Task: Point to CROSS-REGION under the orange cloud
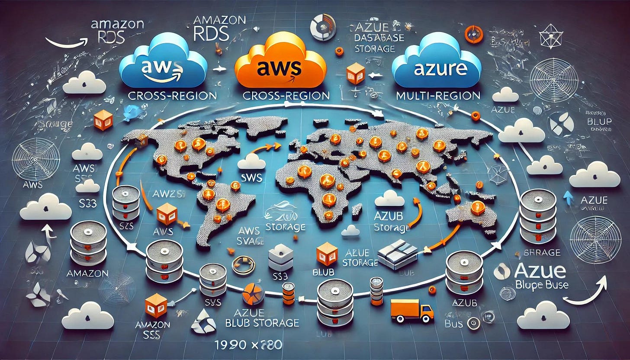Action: tap(286, 96)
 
